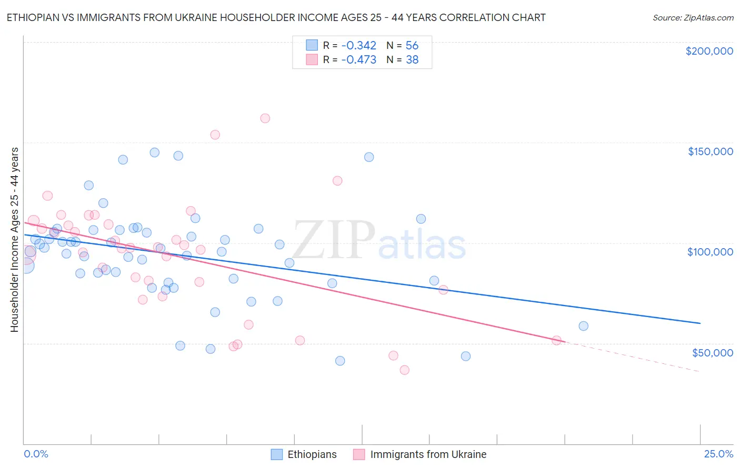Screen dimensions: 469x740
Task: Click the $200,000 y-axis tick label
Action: click(709, 51)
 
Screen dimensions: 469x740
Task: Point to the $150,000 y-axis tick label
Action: click(710, 151)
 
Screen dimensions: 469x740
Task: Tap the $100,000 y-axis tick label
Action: click(710, 252)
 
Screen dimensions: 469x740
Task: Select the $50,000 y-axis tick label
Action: click(712, 352)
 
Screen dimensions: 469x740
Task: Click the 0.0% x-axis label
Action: click(36, 454)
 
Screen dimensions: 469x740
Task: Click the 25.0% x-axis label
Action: click(718, 454)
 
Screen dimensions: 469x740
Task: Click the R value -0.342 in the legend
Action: click(358, 46)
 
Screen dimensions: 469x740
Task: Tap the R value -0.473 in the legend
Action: click(358, 60)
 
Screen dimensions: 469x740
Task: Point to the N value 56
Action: click(412, 46)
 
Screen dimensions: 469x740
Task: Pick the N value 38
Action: click(412, 60)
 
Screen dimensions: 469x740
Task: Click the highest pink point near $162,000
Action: click(265, 118)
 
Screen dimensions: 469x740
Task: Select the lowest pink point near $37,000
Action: click(404, 370)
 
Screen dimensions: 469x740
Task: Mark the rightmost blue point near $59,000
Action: click(583, 326)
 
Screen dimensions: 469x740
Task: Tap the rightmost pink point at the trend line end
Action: click(556, 340)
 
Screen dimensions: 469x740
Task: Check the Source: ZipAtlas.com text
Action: click(693, 18)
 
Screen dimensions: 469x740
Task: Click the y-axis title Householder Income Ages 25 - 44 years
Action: click(15, 240)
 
